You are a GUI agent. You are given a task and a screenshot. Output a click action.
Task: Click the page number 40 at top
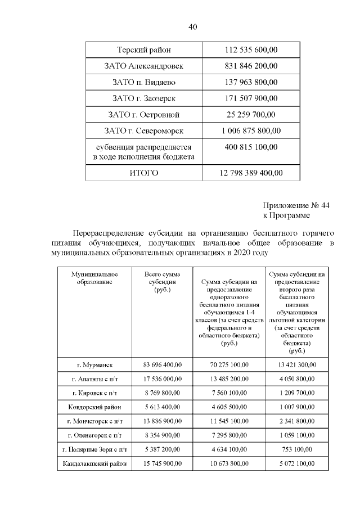point(193,26)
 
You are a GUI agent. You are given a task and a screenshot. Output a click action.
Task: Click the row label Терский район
point(143,50)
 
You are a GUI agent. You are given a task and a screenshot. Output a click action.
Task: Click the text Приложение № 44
point(295,205)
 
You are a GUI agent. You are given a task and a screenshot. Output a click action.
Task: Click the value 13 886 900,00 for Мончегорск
point(162,421)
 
